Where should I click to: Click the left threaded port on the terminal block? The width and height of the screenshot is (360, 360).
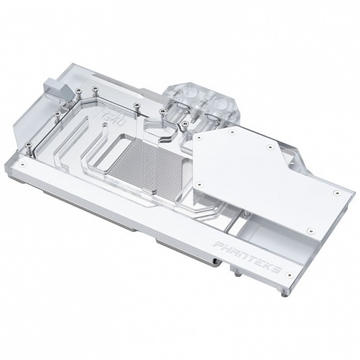[183, 108]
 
